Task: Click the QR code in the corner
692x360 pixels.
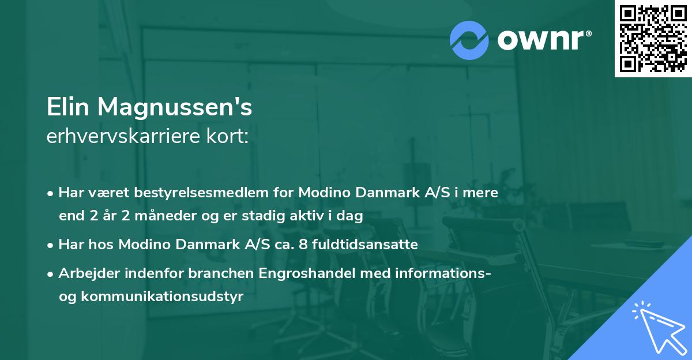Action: tap(653, 38)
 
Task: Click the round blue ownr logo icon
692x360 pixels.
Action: tap(469, 39)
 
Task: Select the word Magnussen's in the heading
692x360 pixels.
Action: tap(175, 108)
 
